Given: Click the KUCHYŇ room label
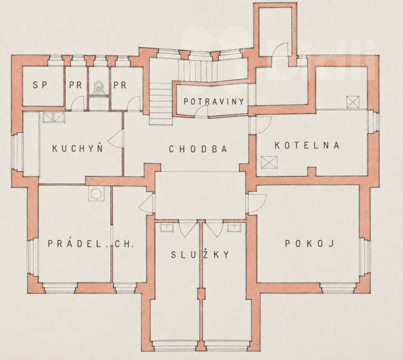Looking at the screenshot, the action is click(x=77, y=148).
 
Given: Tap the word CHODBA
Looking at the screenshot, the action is click(x=198, y=149).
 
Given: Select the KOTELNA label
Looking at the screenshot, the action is click(x=307, y=145).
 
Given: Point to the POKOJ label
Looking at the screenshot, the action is click(x=309, y=244).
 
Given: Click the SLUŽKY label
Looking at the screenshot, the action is click(x=200, y=254).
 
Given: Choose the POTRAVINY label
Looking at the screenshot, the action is click(x=214, y=101).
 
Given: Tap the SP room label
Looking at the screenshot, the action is click(x=40, y=85).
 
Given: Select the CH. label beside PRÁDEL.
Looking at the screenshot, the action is click(x=124, y=244).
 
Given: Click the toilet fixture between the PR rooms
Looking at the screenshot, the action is click(x=98, y=86).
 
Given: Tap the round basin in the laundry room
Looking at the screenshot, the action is click(x=96, y=193).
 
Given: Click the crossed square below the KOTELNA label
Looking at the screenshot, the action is click(x=269, y=162).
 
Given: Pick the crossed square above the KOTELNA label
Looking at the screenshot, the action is click(x=353, y=102).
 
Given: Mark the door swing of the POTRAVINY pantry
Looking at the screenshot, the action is click(x=201, y=112).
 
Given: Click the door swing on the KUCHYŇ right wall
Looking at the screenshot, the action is click(x=115, y=139).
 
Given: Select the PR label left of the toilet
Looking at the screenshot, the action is click(x=75, y=85).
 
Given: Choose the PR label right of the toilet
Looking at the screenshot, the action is click(x=120, y=85).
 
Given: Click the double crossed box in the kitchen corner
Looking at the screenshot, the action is click(x=53, y=117).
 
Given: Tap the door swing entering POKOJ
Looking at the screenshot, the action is click(x=256, y=203).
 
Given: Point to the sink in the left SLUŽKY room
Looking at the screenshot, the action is click(x=167, y=228).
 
